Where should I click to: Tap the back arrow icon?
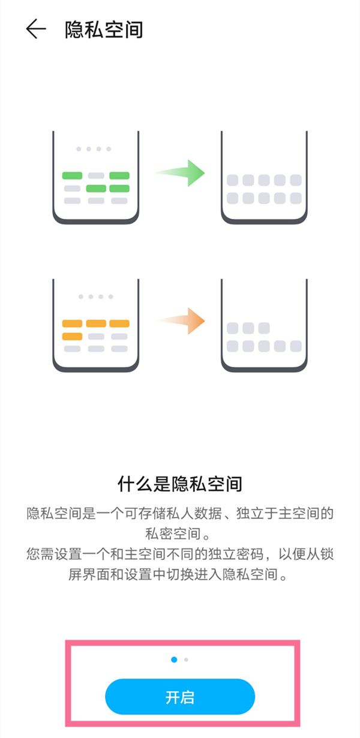[36, 29]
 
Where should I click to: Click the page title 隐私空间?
[104, 29]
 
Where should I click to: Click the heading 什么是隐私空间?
[180, 484]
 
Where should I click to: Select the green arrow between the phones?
[180, 173]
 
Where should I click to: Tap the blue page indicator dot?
[174, 659]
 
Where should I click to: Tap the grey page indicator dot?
[187, 659]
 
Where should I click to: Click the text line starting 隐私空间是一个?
[180, 514]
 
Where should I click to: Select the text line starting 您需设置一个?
[180, 555]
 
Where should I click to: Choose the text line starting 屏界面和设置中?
[180, 575]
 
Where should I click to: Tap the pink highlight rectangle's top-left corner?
[67, 643]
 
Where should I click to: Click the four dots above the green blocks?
[93, 149]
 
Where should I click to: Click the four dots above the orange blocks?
[96, 296]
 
